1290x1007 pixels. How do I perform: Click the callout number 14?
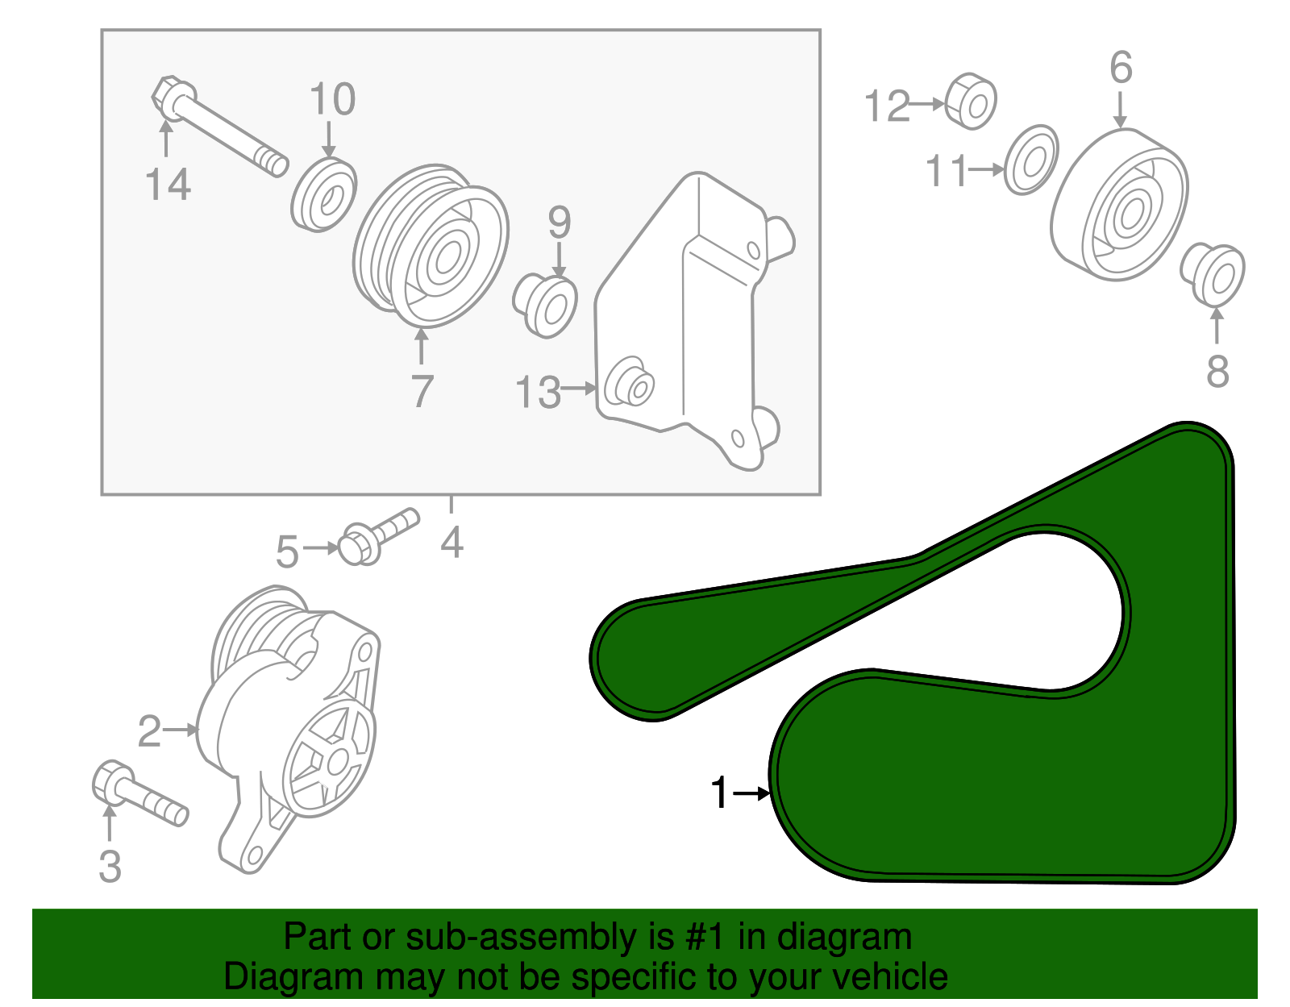168,185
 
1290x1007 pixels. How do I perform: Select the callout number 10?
332,100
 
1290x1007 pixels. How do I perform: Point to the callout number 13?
538,393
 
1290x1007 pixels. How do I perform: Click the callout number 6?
1121,68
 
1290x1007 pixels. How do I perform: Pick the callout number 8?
1217,372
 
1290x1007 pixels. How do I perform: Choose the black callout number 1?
720,793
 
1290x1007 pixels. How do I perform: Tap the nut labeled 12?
970,102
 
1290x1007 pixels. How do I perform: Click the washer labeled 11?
1031,160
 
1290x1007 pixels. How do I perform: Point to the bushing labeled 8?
1213,275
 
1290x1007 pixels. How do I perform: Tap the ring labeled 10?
323,196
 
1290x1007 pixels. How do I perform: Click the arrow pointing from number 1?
753,793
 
